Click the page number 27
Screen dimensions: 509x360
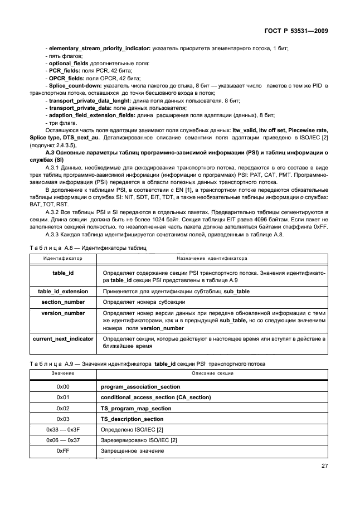(x=325, y=467)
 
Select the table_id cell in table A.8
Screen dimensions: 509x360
(x=63, y=273)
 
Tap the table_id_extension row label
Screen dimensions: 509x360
(x=63, y=292)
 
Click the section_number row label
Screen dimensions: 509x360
(x=63, y=302)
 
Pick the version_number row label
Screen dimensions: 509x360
(x=63, y=313)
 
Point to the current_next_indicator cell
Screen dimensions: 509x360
(x=63, y=338)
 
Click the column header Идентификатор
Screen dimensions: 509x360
(x=63, y=259)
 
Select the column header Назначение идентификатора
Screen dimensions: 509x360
(x=212, y=259)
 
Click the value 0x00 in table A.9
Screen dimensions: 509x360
(x=63, y=386)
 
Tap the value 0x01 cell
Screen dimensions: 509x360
(x=63, y=397)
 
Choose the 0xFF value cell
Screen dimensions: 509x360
(x=63, y=451)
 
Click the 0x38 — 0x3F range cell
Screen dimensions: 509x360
(x=63, y=430)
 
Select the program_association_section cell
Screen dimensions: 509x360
(x=140, y=386)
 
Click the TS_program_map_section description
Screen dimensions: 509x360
(x=136, y=409)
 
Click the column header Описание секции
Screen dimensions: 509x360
(x=212, y=373)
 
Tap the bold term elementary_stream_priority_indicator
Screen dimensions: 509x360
(x=98, y=49)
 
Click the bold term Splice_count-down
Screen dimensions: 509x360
(x=75, y=85)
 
